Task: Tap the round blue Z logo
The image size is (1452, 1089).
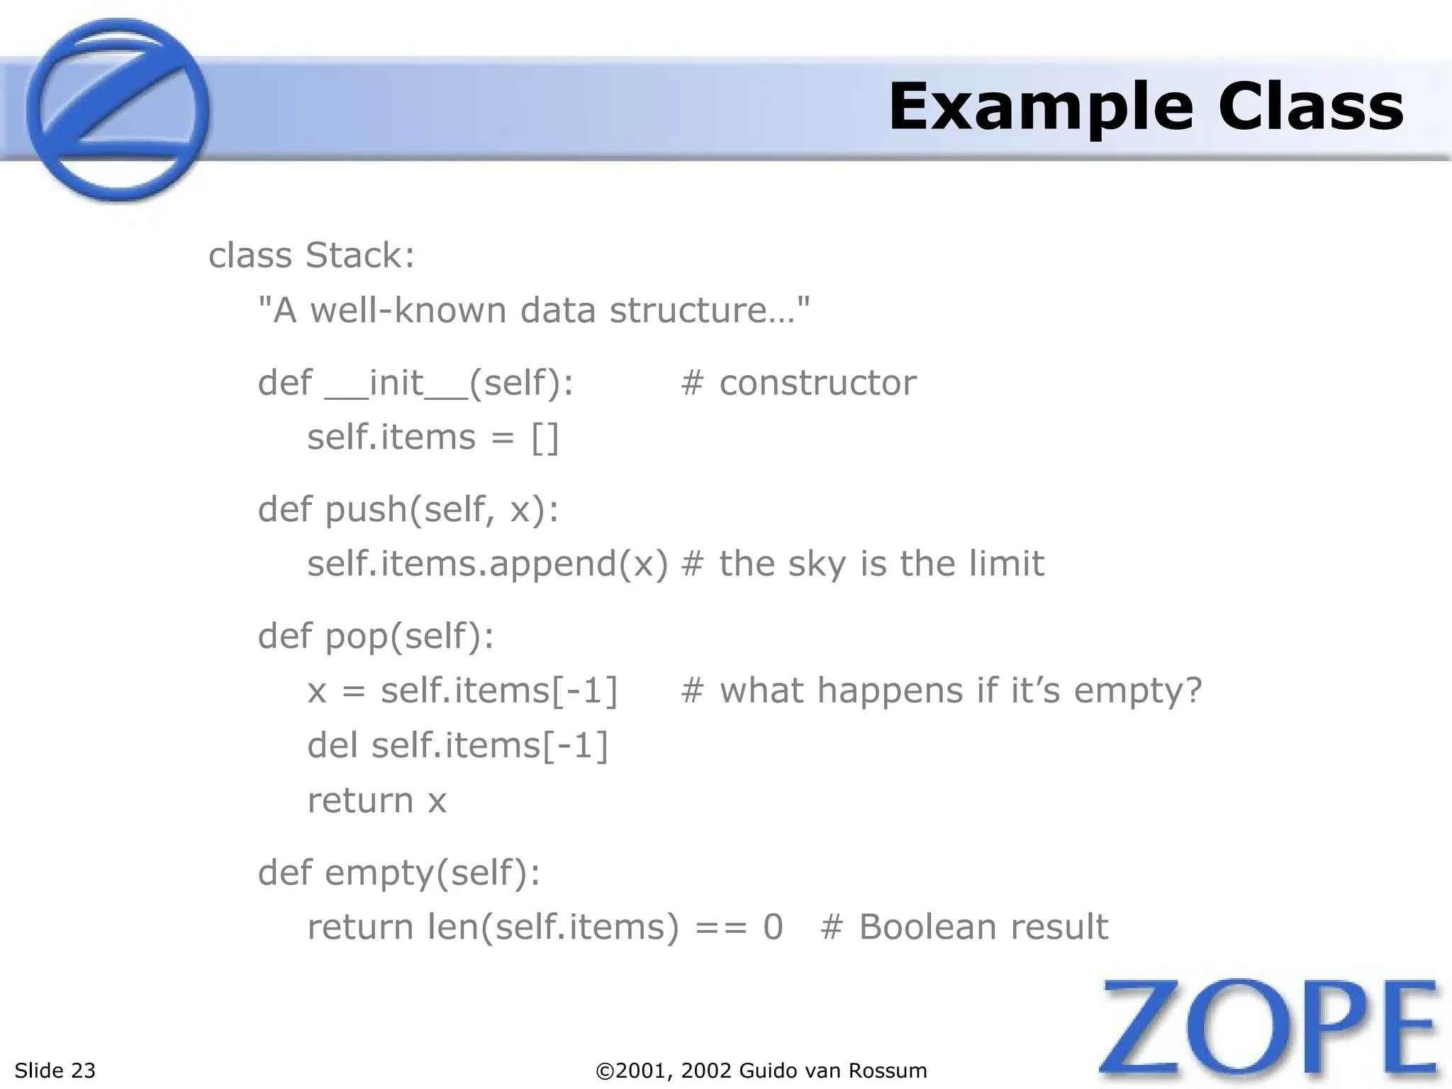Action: [x=117, y=110]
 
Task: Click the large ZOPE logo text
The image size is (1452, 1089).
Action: [x=1269, y=1032]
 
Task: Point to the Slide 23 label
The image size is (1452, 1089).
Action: [x=55, y=1070]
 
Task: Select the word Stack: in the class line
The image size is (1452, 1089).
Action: [x=360, y=255]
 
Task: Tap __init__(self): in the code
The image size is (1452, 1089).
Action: [x=449, y=384]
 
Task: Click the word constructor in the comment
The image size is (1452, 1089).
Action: [x=817, y=384]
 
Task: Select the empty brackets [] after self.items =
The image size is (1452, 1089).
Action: [x=545, y=437]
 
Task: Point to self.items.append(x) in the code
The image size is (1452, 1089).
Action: [x=488, y=564]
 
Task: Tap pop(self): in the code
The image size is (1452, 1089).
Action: [x=409, y=636]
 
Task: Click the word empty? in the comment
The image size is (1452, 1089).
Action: [x=1138, y=691]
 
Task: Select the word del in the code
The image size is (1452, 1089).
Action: [x=333, y=745]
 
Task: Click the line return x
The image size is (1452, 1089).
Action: [x=376, y=801]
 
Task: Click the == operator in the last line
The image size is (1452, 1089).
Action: [x=721, y=927]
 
